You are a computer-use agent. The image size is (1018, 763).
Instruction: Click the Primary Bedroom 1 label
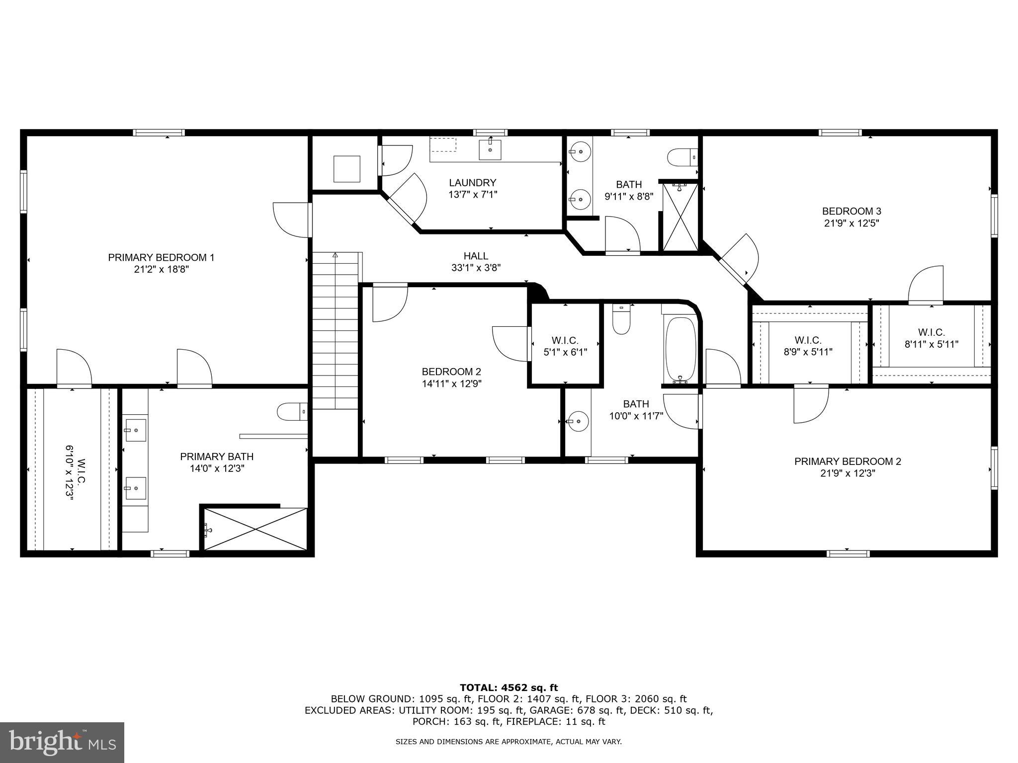click(x=161, y=257)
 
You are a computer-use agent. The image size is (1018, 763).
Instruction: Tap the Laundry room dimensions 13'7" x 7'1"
click(x=472, y=195)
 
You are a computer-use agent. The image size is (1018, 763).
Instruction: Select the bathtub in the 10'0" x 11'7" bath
click(x=680, y=349)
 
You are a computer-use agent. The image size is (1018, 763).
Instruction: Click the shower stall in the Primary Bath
click(x=255, y=529)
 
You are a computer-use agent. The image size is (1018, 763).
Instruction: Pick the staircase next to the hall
click(x=335, y=330)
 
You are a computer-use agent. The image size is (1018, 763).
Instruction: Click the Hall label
click(x=476, y=256)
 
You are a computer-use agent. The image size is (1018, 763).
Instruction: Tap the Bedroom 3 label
click(x=851, y=211)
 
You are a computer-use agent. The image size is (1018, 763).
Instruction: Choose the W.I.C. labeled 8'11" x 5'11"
click(x=931, y=338)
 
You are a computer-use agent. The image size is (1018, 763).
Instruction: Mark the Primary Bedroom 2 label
click(x=848, y=461)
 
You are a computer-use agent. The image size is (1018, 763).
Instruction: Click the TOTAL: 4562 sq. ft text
click(x=509, y=687)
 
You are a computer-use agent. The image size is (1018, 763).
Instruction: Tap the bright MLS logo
click(x=62, y=742)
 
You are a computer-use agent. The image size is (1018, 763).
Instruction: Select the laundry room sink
click(x=490, y=150)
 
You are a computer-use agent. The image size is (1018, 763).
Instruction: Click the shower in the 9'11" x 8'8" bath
click(x=680, y=218)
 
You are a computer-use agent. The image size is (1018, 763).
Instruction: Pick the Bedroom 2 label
click(x=451, y=372)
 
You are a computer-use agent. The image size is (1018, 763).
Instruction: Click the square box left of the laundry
click(x=346, y=169)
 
